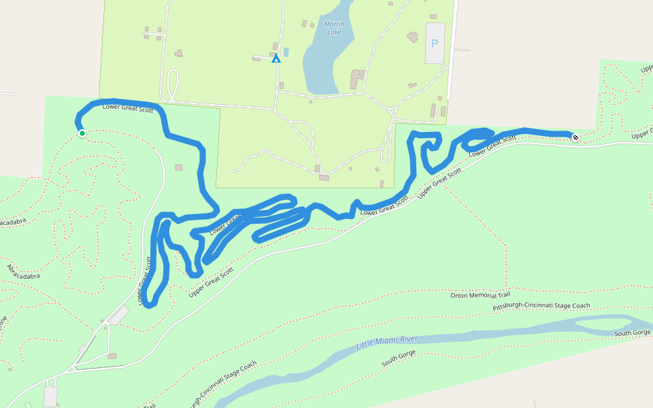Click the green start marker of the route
82,133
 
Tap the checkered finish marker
575,138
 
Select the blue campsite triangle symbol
276,59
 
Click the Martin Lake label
334,28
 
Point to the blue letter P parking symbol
435,44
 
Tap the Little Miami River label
386,342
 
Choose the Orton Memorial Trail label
480,295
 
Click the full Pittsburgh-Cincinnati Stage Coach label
541,306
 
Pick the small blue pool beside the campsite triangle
286,52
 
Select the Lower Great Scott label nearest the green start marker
128,107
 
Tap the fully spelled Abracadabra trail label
24,272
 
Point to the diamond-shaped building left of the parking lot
413,37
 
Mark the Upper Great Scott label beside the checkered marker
641,135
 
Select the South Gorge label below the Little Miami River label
398,359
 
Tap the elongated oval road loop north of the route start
173,85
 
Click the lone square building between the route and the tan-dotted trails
179,167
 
